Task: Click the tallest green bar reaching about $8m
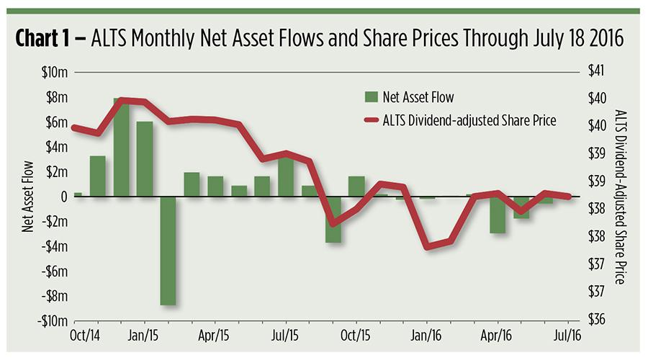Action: click(122, 148)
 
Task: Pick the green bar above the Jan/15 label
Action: click(145, 159)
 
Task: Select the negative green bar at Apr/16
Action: click(498, 215)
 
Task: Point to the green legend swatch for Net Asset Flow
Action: click(372, 96)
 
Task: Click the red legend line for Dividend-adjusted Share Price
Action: click(372, 120)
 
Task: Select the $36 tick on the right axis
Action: click(598, 320)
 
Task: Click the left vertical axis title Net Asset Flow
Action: click(27, 197)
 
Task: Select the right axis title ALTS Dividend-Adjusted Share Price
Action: click(621, 197)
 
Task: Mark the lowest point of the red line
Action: click(428, 246)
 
